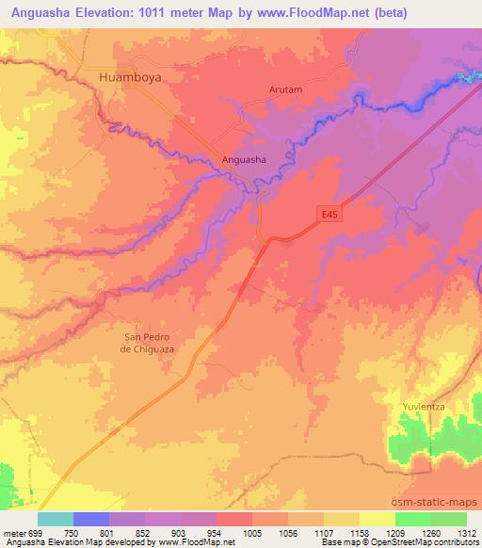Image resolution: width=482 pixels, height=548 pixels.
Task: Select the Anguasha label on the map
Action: [x=244, y=160]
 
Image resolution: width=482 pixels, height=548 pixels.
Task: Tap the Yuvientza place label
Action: [x=423, y=406]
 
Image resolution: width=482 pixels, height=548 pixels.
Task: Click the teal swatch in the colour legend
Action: [x=56, y=519]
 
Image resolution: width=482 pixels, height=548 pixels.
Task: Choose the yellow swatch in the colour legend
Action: [x=377, y=519]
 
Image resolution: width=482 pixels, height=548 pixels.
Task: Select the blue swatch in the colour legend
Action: [x=91, y=519]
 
